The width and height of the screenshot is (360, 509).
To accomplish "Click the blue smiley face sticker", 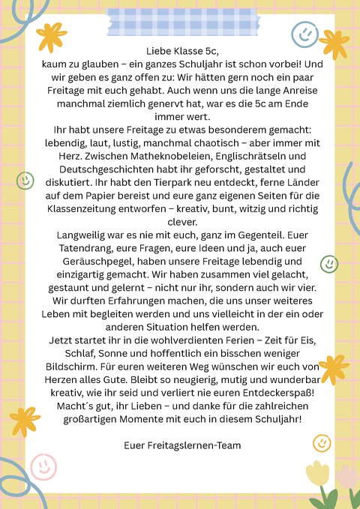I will [x=303, y=33].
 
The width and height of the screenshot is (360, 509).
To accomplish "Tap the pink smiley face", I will [x=43, y=466].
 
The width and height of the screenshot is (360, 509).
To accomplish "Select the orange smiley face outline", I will [x=322, y=442].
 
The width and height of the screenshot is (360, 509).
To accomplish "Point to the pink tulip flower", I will [x=347, y=478].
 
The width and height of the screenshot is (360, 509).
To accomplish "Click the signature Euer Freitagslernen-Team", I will [x=183, y=445].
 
